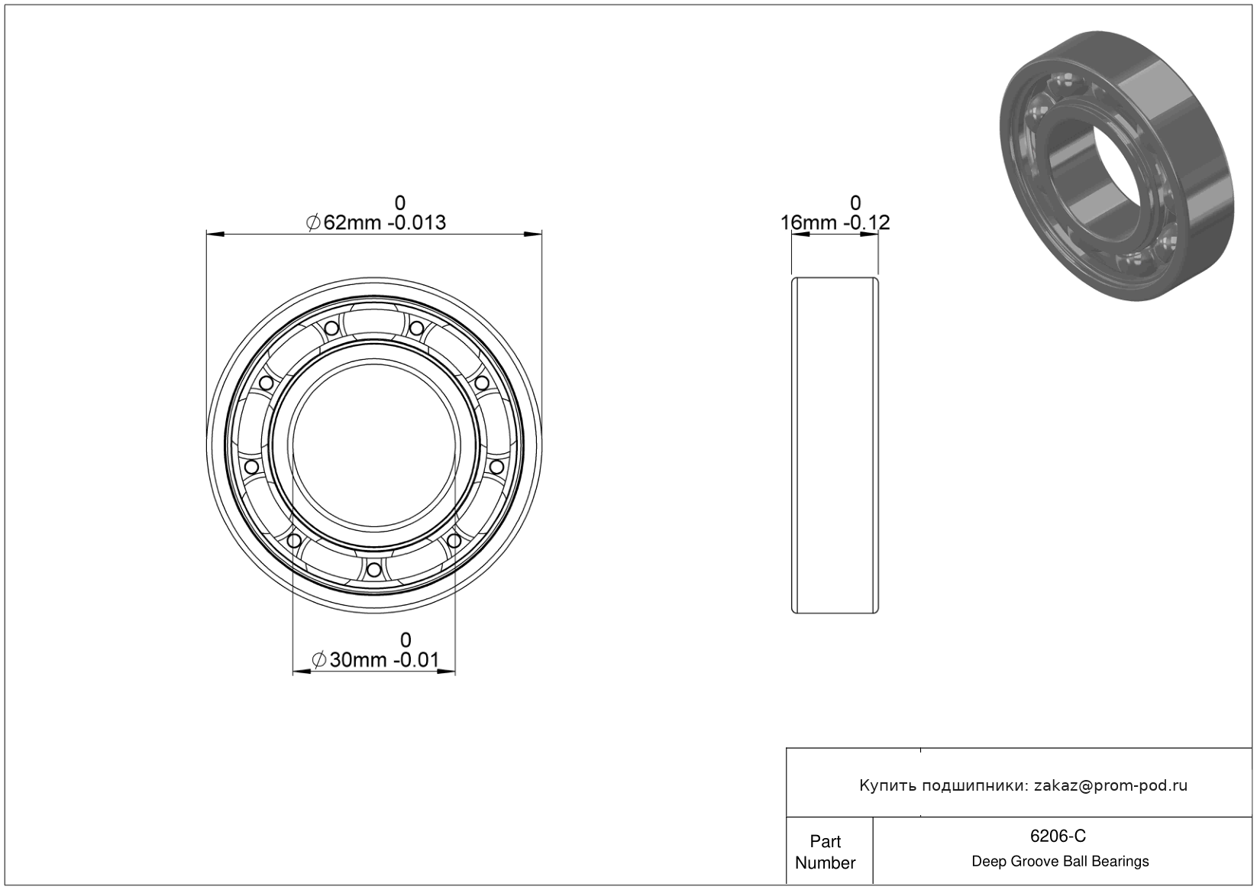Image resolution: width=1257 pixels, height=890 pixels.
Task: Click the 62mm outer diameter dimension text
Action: coord(352,223)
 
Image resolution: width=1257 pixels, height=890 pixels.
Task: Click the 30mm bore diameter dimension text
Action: coord(358,660)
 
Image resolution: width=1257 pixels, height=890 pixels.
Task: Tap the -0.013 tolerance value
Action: coord(418,223)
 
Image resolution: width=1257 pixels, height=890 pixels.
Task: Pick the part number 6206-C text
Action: coord(1058,836)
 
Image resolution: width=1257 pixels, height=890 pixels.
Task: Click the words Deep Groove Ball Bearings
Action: coord(1060,862)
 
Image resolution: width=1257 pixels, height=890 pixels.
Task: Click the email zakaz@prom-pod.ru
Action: coord(1110,785)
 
